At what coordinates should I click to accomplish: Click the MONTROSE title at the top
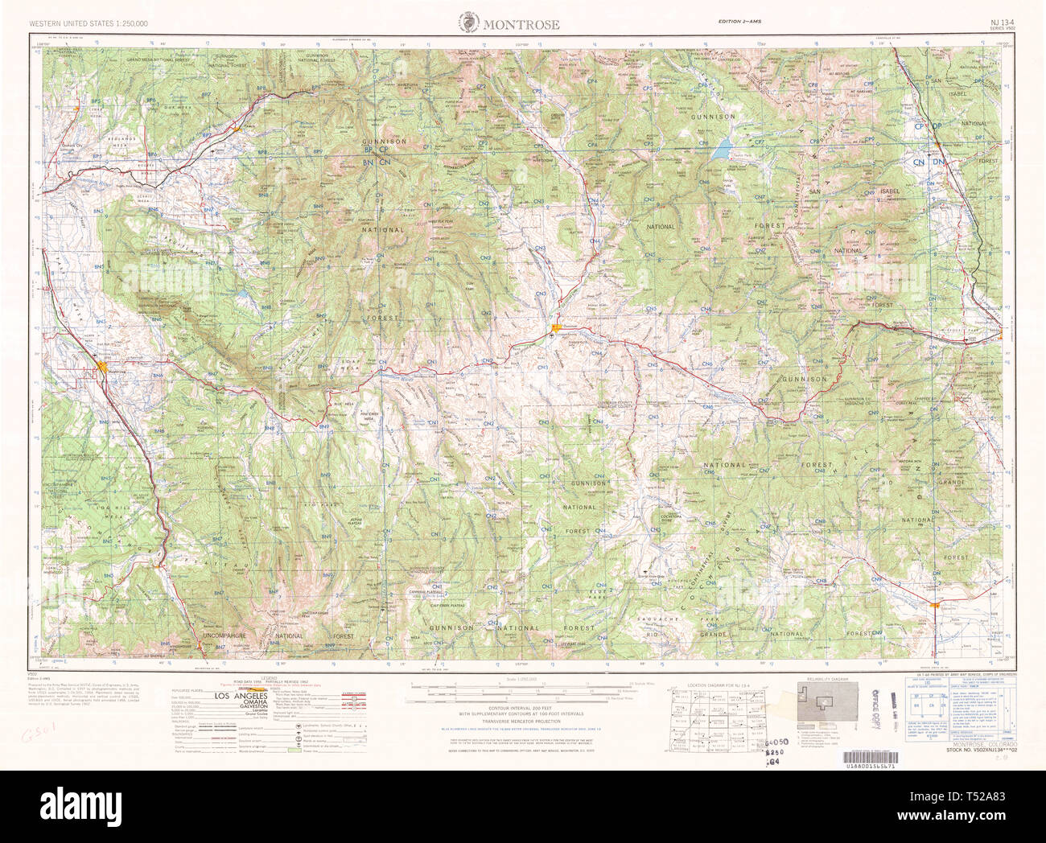coord(521,24)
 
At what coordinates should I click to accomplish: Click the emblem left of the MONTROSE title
coord(469,23)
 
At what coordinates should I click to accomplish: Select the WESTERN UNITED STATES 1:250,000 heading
coord(88,24)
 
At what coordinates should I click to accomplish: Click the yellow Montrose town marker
coord(101,368)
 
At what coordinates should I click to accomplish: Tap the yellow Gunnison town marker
coord(557,327)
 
